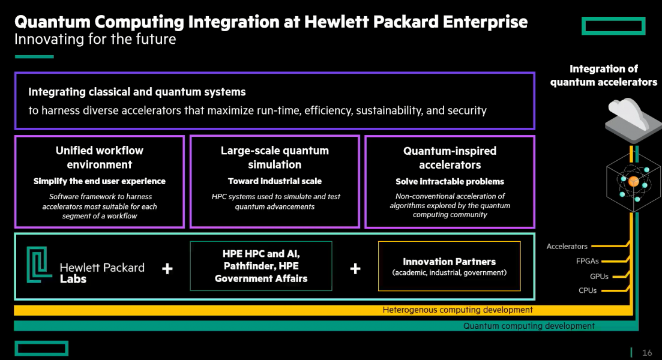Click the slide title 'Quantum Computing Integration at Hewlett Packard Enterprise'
[271, 22]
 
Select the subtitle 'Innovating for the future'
[95, 40]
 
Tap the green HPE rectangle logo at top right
[613, 26]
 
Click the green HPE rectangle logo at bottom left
[41, 348]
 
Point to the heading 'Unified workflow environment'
[100, 157]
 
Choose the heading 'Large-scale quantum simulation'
[274, 157]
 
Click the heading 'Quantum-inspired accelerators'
[450, 157]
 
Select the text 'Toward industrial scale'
[274, 181]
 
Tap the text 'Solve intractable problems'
[450, 181]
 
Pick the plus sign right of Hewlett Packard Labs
[167, 268]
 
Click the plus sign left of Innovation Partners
[355, 268]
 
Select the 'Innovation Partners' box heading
[449, 262]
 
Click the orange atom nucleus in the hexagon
[633, 181]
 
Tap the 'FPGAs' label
[588, 261]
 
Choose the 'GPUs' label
[599, 277]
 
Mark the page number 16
[647, 352]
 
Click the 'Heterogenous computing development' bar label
[457, 310]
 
